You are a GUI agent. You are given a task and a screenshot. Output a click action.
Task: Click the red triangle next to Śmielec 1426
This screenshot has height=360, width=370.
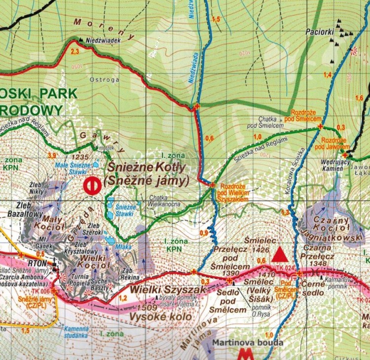(280, 254)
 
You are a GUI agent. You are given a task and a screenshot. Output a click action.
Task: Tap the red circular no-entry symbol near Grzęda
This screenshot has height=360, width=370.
(92, 186)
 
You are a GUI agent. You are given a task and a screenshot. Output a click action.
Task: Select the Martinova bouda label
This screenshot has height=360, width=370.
(241, 342)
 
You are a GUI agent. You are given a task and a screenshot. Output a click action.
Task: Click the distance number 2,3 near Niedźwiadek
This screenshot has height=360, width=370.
(75, 51)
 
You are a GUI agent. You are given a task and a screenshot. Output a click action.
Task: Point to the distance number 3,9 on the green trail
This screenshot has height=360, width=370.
(51, 155)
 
